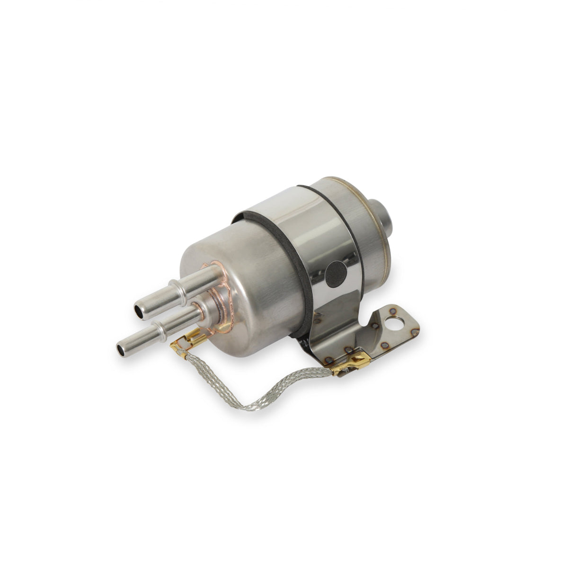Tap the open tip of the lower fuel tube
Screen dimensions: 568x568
(122, 349)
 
